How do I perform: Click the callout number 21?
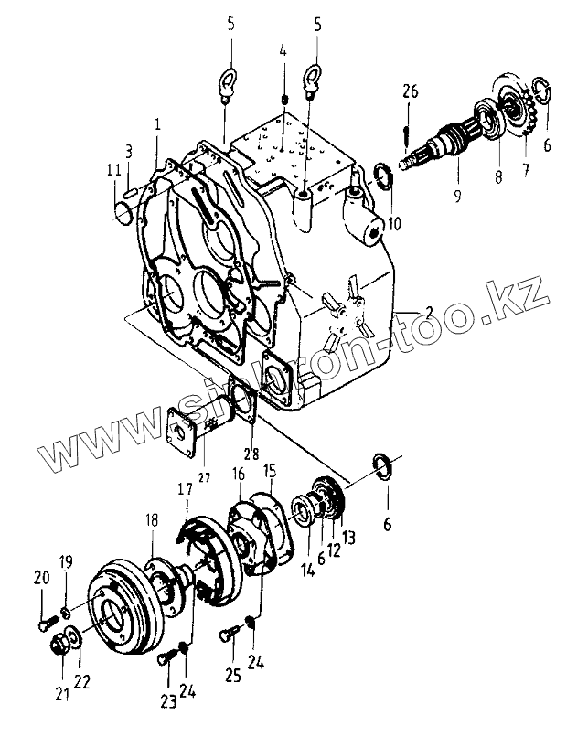click(x=62, y=695)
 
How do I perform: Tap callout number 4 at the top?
click(x=283, y=51)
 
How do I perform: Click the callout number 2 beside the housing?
click(x=405, y=313)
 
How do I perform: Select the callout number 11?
click(x=112, y=170)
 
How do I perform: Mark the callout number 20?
click(x=41, y=576)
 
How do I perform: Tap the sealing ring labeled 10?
click(x=384, y=174)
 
